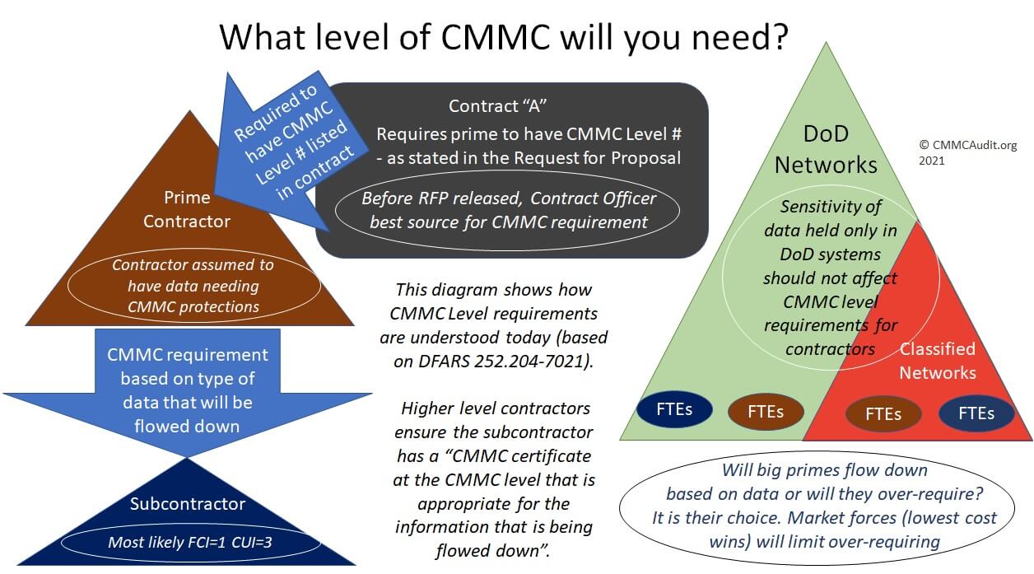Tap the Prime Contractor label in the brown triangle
point(187,209)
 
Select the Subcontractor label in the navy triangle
point(188,503)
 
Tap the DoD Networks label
point(826,149)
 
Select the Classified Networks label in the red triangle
point(937,361)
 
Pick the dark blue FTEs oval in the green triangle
point(674,410)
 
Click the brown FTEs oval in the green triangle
point(765,412)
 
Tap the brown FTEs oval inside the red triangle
point(883,413)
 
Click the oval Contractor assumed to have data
point(193,286)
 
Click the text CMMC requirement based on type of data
point(188,390)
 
